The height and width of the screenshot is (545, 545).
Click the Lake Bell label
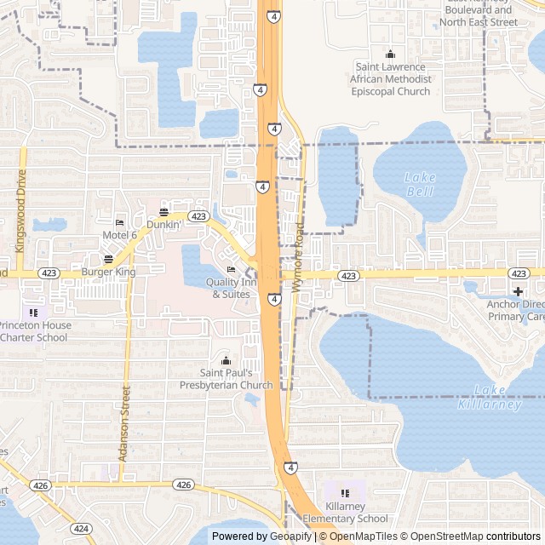tap(419, 184)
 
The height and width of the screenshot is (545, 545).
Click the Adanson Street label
tap(124, 422)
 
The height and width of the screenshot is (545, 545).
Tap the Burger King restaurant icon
tap(108, 259)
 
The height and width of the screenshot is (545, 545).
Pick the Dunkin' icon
tap(163, 212)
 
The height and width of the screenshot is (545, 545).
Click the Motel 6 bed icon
tap(119, 222)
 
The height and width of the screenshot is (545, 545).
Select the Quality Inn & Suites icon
tap(231, 270)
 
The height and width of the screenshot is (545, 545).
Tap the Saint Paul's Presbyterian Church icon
tap(226, 360)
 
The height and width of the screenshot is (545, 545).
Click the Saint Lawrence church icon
tap(391, 54)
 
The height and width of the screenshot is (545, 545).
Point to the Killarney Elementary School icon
tap(345, 493)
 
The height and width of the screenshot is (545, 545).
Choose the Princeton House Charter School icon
tap(33, 313)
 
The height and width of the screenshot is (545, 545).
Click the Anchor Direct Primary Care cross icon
tap(517, 291)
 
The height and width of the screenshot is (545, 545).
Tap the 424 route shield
tap(82, 528)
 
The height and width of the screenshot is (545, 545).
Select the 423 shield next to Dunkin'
tap(198, 216)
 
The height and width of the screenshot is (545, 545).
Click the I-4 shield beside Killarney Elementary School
tap(290, 468)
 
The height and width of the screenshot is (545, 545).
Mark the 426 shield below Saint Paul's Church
tap(183, 484)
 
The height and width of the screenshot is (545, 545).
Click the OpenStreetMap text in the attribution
tap(442, 536)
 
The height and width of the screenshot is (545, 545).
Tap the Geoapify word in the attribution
tap(291, 536)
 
